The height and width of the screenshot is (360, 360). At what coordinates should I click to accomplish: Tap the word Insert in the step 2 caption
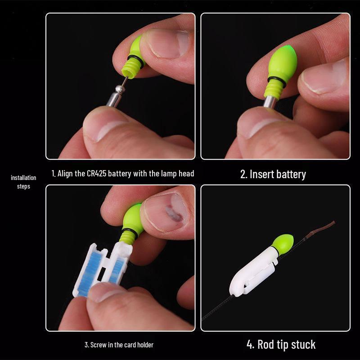point(262,174)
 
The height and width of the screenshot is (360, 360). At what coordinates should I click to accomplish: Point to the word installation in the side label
point(23,178)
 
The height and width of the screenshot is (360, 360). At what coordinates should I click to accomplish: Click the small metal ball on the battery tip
point(120,89)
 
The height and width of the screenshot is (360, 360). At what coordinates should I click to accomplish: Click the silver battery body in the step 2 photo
point(270,102)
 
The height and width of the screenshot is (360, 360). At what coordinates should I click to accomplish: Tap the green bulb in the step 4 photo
point(283,244)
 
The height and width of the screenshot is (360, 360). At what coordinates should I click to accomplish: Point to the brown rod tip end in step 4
point(334,222)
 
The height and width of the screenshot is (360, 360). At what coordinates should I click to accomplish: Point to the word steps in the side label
point(23,186)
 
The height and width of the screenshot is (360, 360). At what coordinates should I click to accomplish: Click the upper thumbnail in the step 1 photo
point(168,44)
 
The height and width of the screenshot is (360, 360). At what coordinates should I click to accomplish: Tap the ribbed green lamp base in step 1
point(130,68)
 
